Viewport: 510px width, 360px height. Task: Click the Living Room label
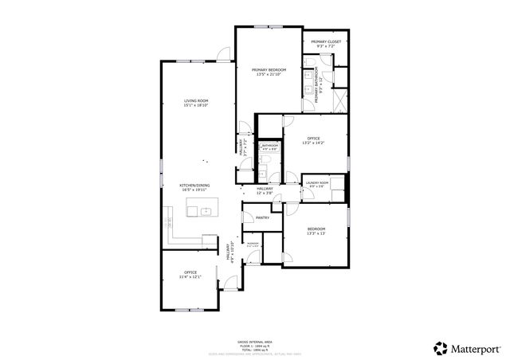pos(196,100)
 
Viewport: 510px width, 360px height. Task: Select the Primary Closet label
pos(326,41)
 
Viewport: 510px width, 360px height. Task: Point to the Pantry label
pos(262,217)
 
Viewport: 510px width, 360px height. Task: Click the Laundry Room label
pos(317,182)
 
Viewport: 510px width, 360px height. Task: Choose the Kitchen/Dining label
pos(194,186)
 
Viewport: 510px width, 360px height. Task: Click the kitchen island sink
pos(205,211)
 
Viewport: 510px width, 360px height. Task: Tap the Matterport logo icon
pos(440,347)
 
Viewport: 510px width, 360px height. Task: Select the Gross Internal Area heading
pos(254,341)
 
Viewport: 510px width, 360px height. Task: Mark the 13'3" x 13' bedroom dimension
pos(316,234)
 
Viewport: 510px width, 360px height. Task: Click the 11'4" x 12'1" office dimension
pos(190,277)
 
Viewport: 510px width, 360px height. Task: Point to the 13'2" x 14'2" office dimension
pos(313,144)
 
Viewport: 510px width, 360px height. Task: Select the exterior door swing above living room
pos(225,54)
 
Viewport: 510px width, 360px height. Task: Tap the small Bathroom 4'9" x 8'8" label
pos(270,148)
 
